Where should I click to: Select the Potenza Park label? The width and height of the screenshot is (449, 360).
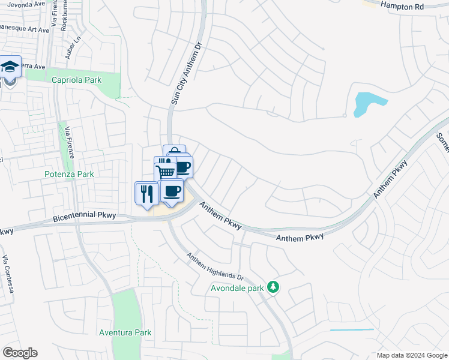[x=69, y=175]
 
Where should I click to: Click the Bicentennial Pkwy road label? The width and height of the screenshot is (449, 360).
[x=84, y=217]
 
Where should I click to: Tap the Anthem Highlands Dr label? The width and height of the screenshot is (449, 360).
[x=215, y=267]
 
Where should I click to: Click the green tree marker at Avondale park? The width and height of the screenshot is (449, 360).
[x=273, y=287]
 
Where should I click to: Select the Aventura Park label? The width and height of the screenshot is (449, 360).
[x=125, y=332]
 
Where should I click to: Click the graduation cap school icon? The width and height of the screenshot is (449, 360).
[x=10, y=66]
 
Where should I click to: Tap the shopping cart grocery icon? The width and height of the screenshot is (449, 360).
[x=166, y=171]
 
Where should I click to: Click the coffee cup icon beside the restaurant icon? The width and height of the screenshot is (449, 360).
[x=172, y=191]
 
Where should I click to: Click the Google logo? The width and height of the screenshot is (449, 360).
[x=20, y=353]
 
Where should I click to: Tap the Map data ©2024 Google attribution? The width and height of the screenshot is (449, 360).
[x=411, y=355]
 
